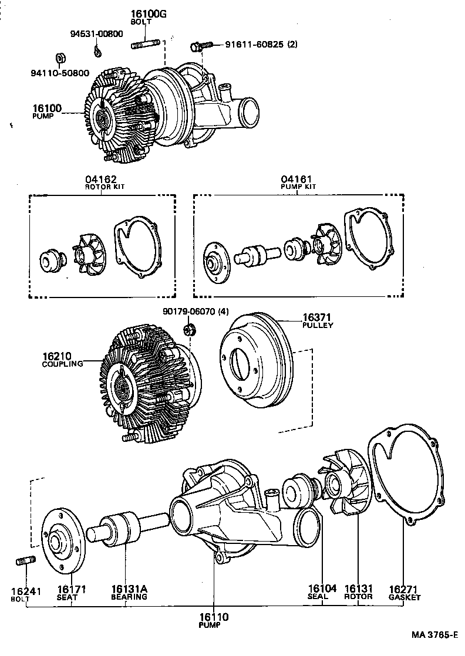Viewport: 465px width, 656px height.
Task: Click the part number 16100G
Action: click(x=149, y=14)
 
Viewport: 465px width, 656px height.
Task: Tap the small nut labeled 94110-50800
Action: click(x=59, y=58)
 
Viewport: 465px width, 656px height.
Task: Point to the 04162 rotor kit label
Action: click(x=100, y=180)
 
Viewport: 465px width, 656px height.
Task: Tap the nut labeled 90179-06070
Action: click(x=190, y=330)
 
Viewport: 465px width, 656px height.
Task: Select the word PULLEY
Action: click(x=318, y=325)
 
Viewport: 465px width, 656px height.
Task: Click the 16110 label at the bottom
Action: click(x=213, y=617)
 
